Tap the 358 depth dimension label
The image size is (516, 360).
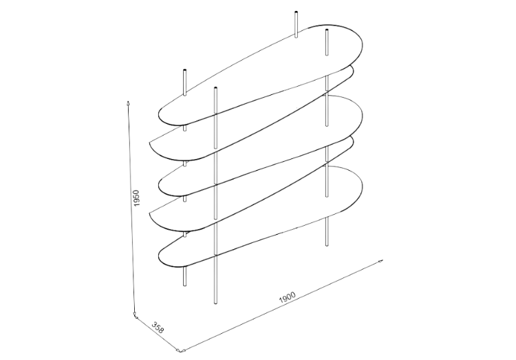click(x=158, y=328)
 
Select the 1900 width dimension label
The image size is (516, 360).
click(x=288, y=297)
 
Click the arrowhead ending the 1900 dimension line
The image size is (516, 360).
click(x=380, y=261)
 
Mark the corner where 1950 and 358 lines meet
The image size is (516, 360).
click(x=135, y=317)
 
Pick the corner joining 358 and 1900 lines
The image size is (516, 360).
click(x=179, y=350)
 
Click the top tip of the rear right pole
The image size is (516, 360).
click(x=297, y=12)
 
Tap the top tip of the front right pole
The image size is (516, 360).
click(x=327, y=31)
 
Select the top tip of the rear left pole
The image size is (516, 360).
click(x=184, y=70)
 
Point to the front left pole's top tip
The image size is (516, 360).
click(x=215, y=88)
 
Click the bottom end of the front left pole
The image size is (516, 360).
click(x=215, y=303)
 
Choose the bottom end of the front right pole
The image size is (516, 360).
click(x=327, y=245)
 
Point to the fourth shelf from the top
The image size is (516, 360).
click(x=252, y=184)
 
